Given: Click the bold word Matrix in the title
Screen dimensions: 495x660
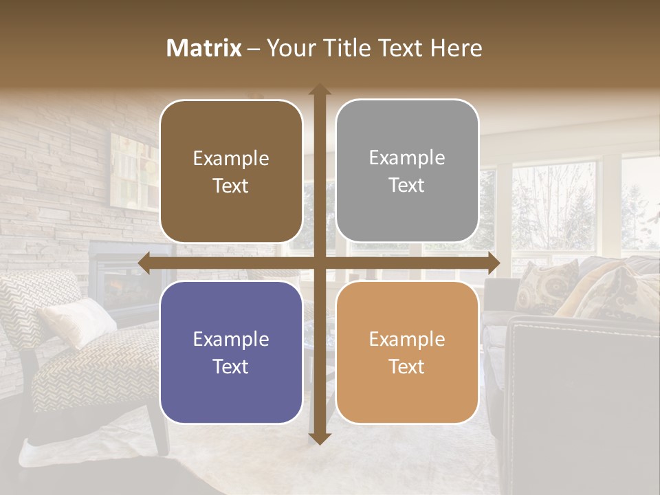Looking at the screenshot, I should point(204,48).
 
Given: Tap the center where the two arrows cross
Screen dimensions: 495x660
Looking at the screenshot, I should point(319,263).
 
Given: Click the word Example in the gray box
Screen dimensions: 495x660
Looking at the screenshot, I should point(407,158).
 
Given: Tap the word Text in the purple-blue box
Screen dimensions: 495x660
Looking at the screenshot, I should point(231,366).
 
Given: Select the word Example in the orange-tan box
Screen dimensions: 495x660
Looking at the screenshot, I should point(407,339).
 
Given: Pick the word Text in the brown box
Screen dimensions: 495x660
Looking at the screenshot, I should point(231,186).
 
